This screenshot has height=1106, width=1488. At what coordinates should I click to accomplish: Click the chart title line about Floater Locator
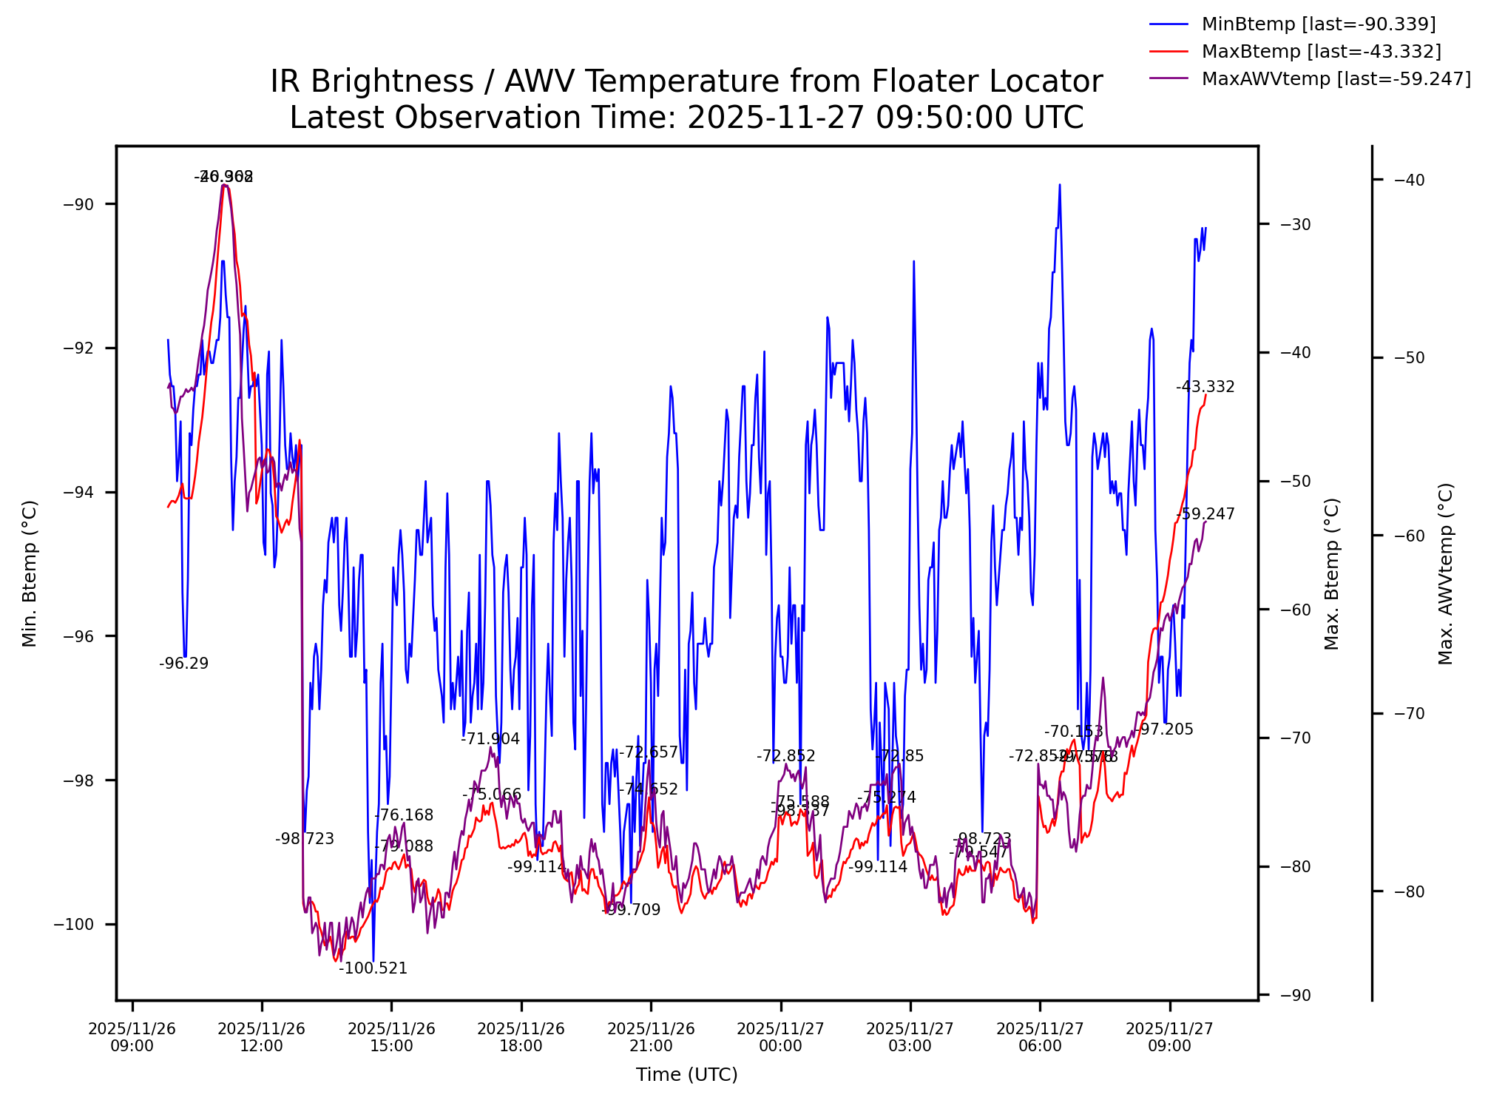coord(686,81)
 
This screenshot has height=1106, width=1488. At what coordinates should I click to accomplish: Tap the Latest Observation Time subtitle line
coord(686,118)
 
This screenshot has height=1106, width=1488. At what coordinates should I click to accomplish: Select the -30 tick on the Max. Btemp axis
coord(1285,224)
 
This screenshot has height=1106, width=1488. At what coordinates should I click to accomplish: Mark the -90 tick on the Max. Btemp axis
coord(1285,995)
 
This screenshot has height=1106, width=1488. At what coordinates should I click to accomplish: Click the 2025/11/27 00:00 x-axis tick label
coord(780,1037)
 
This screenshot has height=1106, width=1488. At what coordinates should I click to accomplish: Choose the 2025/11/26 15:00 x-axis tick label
coord(391,1037)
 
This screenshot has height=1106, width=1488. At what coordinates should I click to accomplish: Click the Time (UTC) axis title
coord(686,1075)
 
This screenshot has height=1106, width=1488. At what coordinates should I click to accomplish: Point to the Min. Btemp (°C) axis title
coord(30,573)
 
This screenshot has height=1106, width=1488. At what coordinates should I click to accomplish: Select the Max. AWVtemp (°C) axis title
coord(1447,573)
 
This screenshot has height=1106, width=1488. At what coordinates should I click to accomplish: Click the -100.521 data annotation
coord(373,968)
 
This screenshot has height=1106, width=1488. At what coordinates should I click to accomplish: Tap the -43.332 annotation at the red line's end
coord(1205,387)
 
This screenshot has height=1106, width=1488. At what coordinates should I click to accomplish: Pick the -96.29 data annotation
coord(183,664)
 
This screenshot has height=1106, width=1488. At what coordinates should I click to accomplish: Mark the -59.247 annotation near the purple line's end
coord(1205,514)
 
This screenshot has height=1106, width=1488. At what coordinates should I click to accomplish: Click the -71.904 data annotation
coord(490,739)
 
